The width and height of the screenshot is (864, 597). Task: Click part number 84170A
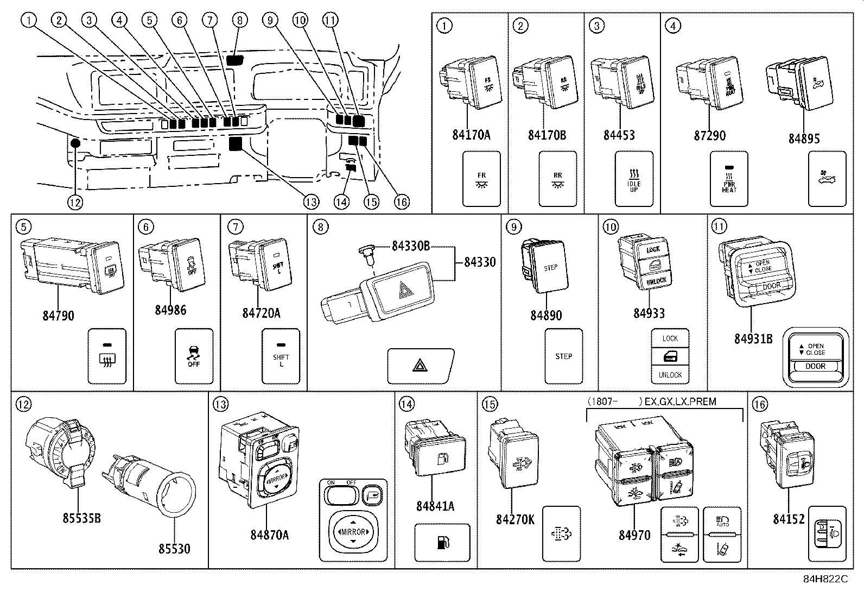[x=471, y=135]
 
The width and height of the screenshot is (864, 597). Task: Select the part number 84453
[x=619, y=135]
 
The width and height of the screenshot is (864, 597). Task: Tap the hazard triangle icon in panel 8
[x=420, y=367]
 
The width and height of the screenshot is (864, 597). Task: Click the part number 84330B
[x=411, y=246]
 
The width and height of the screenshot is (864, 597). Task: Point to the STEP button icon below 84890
[x=563, y=356]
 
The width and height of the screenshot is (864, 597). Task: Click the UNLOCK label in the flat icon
[x=670, y=375]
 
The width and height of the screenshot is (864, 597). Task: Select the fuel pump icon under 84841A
[x=442, y=543]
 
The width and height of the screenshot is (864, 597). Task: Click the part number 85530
[x=174, y=549]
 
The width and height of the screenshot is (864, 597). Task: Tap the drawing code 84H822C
[x=825, y=579]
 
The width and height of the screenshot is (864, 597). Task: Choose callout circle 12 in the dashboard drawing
[x=75, y=202]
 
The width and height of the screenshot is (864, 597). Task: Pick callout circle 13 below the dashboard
[x=310, y=202]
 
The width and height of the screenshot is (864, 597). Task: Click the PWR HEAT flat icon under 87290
[x=729, y=179]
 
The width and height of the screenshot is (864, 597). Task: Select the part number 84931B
[x=753, y=338]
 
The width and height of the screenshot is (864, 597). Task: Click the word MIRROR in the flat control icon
[x=353, y=532]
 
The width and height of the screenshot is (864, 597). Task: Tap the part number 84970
[x=634, y=535]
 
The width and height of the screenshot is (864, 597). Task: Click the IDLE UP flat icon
[x=634, y=179]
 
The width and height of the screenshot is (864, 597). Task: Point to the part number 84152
[x=788, y=519]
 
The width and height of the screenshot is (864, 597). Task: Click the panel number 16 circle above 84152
[x=760, y=404]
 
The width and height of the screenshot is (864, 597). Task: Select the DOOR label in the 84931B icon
[x=815, y=366]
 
